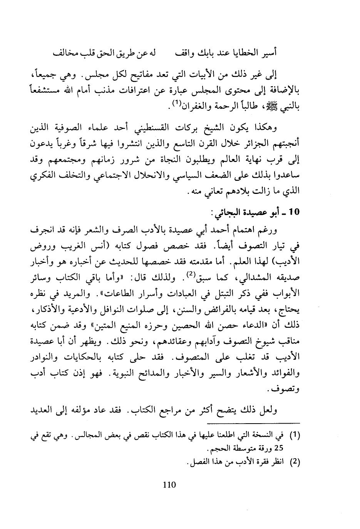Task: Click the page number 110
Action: (x=169, y=485)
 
